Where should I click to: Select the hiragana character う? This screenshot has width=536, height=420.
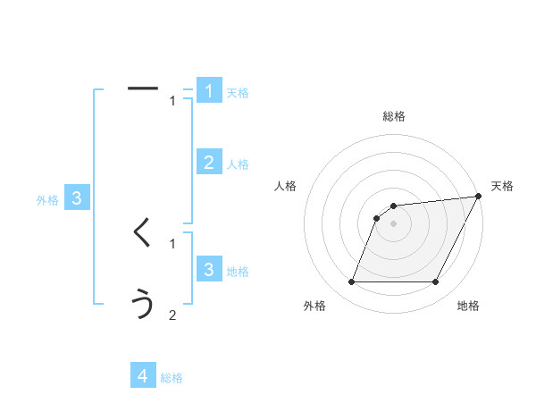click(143, 305)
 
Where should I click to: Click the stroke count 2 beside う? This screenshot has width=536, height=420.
click(172, 315)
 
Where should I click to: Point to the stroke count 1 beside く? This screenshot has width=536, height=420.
click(172, 243)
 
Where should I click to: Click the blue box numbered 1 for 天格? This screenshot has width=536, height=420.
click(209, 91)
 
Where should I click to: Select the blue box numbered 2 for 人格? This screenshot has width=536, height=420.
click(209, 163)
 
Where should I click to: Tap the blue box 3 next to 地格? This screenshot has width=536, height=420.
click(209, 270)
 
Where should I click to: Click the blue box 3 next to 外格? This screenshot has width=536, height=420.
click(77, 198)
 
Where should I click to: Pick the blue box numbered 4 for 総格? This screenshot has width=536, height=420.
click(143, 376)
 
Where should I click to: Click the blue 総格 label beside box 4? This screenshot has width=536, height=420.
click(172, 378)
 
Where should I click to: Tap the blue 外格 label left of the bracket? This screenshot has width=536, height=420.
click(47, 200)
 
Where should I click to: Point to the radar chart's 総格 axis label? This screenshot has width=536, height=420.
click(394, 116)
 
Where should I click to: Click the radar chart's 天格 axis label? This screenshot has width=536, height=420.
click(503, 186)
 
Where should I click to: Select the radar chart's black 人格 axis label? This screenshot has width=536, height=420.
click(286, 186)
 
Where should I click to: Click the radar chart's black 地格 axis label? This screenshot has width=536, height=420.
click(468, 306)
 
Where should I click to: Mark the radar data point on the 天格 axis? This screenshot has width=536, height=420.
click(479, 196)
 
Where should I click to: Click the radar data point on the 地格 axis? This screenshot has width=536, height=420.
click(436, 282)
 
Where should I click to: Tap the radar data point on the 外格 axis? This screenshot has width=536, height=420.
click(351, 282)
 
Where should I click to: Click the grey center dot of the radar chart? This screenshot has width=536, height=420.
click(394, 223)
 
